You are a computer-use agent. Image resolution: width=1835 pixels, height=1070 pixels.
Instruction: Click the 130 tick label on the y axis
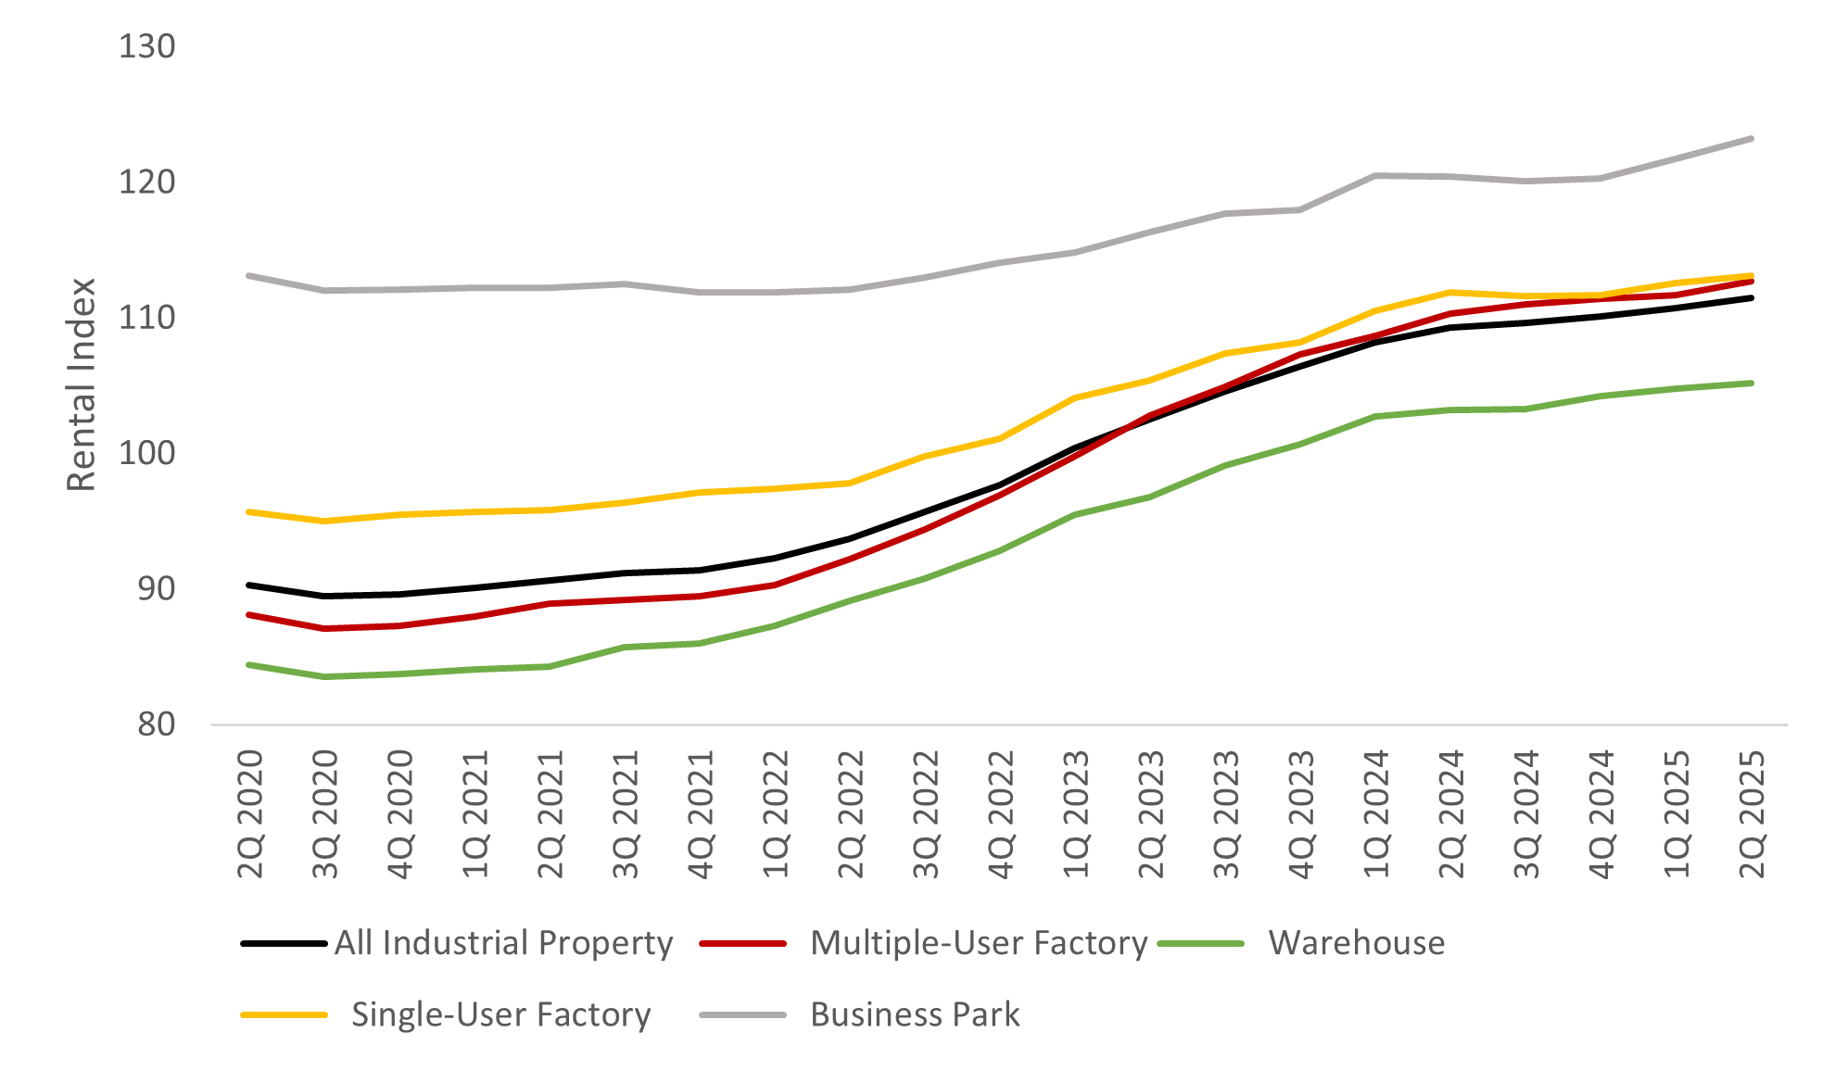(x=146, y=46)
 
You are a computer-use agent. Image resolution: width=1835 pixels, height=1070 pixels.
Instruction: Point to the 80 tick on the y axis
(x=156, y=724)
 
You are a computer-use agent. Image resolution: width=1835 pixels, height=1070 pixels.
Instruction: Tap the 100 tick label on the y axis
(x=146, y=453)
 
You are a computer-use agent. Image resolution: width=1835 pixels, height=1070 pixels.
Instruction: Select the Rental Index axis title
(x=82, y=384)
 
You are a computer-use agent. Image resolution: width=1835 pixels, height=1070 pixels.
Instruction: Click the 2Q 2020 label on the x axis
(x=250, y=814)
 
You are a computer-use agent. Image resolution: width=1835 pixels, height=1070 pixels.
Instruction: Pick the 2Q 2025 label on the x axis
(x=1752, y=814)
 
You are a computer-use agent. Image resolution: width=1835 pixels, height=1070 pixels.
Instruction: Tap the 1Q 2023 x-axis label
(x=1075, y=814)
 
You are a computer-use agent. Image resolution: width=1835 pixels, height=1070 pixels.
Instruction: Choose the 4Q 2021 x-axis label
(x=700, y=814)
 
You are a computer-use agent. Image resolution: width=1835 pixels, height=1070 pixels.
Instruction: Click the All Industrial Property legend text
(x=503, y=943)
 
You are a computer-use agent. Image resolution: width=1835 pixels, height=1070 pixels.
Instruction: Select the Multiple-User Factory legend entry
(x=979, y=943)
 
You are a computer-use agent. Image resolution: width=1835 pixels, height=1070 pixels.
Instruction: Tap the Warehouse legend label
(x=1357, y=943)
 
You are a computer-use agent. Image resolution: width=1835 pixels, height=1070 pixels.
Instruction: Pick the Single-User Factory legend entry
(x=500, y=1014)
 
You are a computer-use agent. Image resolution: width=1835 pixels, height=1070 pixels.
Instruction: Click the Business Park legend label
(x=915, y=1014)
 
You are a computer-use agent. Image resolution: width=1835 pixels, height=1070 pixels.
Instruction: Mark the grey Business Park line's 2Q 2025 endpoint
(x=1752, y=139)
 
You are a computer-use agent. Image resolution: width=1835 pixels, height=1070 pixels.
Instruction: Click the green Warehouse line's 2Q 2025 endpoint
(x=1752, y=383)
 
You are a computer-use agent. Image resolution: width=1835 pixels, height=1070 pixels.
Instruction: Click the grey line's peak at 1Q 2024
(x=1376, y=175)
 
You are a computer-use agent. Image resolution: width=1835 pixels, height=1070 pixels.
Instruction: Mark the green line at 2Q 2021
(x=550, y=666)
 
